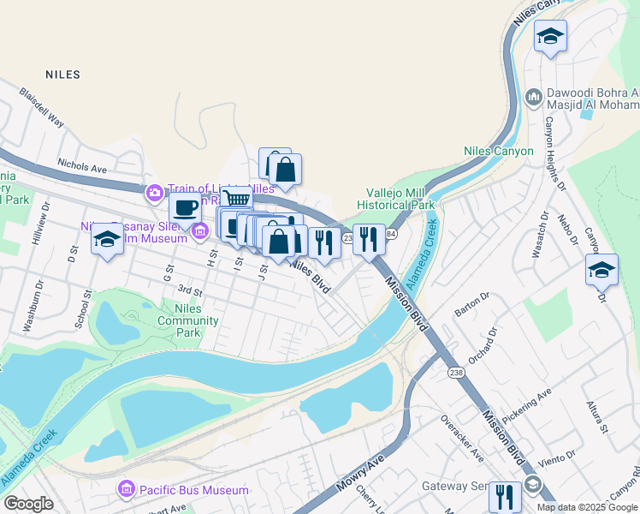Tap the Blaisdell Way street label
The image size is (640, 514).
pyautogui.click(x=43, y=107)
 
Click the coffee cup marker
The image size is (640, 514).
pyautogui.click(x=185, y=206)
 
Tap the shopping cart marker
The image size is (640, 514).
pyautogui.click(x=238, y=200)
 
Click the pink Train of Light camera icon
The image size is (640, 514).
pyautogui.click(x=155, y=190)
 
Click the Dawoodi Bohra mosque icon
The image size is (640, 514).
pyautogui.click(x=533, y=96)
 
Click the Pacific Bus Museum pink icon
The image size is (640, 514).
pyautogui.click(x=126, y=490)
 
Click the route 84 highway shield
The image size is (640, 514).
pyautogui.click(x=391, y=234)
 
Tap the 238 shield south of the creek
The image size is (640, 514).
pyautogui.click(x=454, y=372)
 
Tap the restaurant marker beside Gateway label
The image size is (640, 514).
pyautogui.click(x=505, y=494)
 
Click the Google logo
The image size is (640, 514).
pyautogui.click(x=28, y=504)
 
